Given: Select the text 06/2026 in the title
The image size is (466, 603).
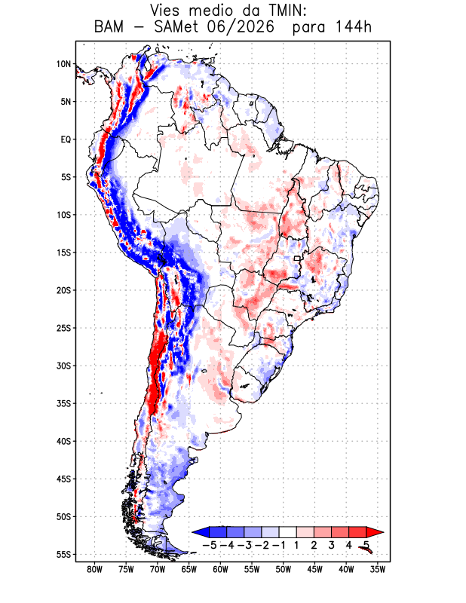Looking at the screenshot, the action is (241, 27).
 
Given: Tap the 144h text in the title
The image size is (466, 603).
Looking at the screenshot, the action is (354, 27).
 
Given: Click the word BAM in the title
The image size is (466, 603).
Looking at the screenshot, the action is (109, 27).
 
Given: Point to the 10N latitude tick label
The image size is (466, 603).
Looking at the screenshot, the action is (63, 64).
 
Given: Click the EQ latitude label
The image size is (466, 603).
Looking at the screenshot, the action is (66, 139).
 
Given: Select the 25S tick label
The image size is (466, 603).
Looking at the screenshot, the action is (63, 328).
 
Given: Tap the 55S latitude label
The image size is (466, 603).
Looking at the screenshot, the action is (63, 555).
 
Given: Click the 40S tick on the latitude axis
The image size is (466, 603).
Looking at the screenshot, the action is (63, 441).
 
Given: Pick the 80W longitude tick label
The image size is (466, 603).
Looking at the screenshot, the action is (95, 570).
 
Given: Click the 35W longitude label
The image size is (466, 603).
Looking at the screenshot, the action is (378, 570).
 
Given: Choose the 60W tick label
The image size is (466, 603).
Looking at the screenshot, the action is (220, 570).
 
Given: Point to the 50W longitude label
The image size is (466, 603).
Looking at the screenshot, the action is (284, 570).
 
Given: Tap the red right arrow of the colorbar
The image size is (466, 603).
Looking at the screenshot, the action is (374, 532).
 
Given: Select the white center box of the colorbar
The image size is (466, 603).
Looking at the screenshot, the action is (288, 532).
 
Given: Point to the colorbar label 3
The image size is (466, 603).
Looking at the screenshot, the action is (331, 545).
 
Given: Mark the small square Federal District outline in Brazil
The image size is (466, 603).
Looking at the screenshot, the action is (297, 259).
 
